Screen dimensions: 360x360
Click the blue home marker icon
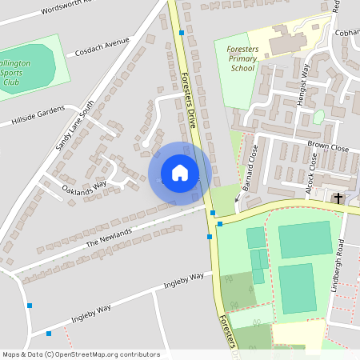(x=180, y=172)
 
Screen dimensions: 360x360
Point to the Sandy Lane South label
(x=74, y=126)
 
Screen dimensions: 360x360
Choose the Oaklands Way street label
(x=84, y=188)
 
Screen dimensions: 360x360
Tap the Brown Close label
(x=328, y=147)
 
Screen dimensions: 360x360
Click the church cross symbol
(x=338, y=198)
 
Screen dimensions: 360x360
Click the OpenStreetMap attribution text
(x=81, y=354)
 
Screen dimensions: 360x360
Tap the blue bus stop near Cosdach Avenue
(x=182, y=33)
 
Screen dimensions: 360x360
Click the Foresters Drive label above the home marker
(x=188, y=96)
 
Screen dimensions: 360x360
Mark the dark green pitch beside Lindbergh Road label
(x=297, y=288)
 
